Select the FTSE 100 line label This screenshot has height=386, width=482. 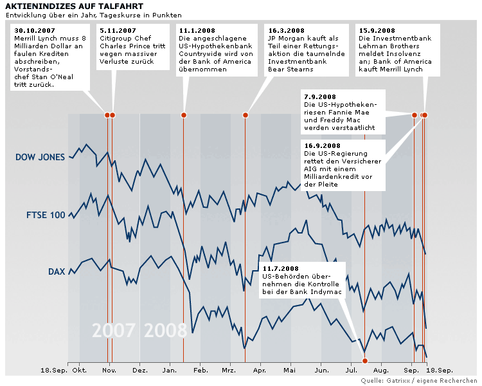[x=46, y=215]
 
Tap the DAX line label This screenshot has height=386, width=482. [x=57, y=271]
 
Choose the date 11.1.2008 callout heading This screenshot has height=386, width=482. [x=197, y=30]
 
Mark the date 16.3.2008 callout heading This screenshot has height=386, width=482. [x=285, y=30]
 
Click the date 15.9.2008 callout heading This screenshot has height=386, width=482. [x=376, y=30]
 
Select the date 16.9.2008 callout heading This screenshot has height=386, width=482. [x=323, y=146]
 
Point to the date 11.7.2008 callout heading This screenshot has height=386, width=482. [x=281, y=268]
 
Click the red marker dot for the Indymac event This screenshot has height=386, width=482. [x=364, y=360]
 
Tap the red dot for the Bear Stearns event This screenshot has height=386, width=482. [x=245, y=115]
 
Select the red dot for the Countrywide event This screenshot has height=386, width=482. [x=183, y=115]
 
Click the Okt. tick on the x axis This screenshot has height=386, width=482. [x=80, y=371]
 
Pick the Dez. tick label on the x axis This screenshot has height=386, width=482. [x=139, y=371]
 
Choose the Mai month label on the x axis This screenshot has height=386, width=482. [x=290, y=371]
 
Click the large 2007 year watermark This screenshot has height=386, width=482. [x=114, y=330]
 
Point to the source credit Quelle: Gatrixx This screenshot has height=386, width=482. [x=418, y=381]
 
